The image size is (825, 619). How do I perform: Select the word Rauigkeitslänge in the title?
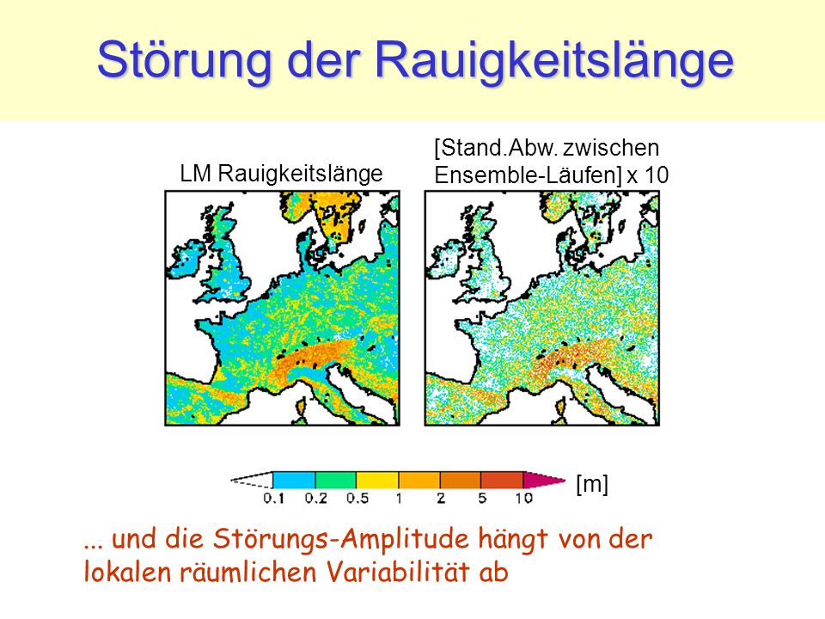(554, 60)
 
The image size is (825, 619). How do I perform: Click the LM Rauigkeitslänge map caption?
(282, 174)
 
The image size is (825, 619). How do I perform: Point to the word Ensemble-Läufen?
(529, 175)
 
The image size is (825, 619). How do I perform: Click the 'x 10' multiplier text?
(648, 175)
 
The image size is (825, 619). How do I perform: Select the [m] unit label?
(592, 483)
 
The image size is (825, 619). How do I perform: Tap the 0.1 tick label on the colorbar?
(273, 498)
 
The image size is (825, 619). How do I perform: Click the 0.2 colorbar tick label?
(315, 498)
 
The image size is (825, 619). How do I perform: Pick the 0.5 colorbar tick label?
(357, 498)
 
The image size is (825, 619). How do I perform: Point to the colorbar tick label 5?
(482, 498)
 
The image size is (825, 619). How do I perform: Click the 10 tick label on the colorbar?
(524, 498)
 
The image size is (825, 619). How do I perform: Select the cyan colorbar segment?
(294, 480)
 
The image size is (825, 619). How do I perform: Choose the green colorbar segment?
(336, 480)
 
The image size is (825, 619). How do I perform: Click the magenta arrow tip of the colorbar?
(543, 480)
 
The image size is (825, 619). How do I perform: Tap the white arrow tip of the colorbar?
(253, 480)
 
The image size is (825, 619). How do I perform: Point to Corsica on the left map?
(301, 408)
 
